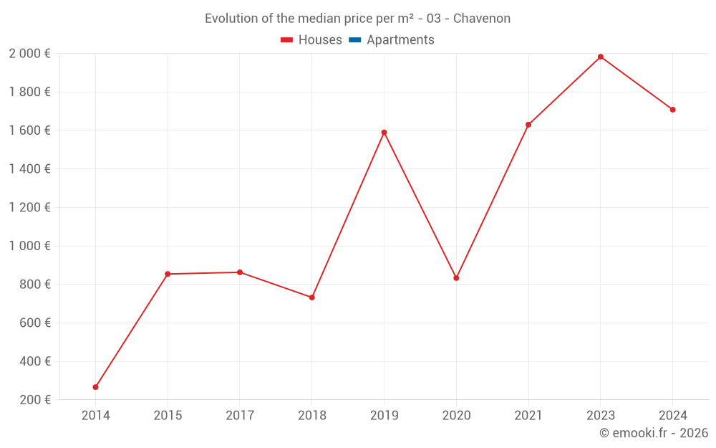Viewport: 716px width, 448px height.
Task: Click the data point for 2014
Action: point(95,387)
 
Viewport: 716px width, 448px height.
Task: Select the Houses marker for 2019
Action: point(384,132)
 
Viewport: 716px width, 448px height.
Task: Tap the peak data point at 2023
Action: point(600,57)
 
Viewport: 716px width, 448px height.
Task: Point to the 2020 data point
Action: point(456,278)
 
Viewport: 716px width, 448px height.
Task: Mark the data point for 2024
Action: point(672,110)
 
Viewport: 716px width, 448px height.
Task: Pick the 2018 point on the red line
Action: point(311,297)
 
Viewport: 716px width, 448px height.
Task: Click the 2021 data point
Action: point(528,125)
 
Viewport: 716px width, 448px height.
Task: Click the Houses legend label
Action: point(320,40)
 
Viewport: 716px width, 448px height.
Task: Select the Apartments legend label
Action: point(400,40)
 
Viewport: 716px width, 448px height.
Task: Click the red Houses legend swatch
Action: point(287,40)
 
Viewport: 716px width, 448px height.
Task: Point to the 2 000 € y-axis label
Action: point(29,53)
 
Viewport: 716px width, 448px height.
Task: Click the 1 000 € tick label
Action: point(29,246)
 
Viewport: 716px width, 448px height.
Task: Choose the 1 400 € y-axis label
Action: point(29,169)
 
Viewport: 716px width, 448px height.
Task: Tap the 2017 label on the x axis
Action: point(240,416)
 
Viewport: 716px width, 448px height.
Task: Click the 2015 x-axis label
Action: point(168,416)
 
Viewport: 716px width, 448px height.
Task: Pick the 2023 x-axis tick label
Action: point(600,416)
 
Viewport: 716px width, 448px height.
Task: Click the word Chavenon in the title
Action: point(482,19)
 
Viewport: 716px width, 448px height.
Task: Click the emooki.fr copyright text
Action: point(654,433)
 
